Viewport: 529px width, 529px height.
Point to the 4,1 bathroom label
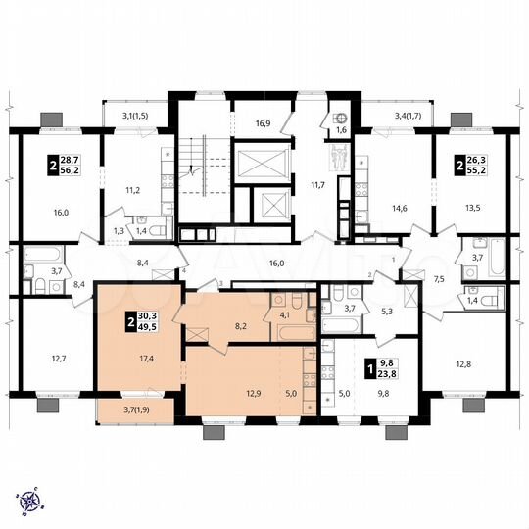tap(285, 316)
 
